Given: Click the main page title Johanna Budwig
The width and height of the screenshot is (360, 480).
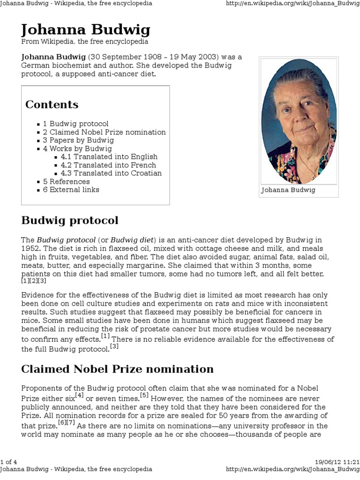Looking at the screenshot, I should click(86, 30).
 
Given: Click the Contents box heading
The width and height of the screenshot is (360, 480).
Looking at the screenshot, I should click(52, 105).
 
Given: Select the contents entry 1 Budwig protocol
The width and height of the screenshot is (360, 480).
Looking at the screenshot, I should click(75, 124).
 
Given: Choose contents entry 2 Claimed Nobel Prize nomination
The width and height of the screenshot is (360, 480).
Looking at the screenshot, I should click(104, 132).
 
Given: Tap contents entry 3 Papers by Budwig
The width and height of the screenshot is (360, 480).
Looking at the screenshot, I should click(78, 140).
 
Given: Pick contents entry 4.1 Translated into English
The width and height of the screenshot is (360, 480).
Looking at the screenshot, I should click(109, 157).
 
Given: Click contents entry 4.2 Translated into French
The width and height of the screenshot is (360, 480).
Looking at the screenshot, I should click(108, 165).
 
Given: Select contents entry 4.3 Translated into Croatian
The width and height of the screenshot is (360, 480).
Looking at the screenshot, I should click(111, 173).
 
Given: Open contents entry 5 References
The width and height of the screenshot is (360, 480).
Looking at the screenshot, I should click(66, 181).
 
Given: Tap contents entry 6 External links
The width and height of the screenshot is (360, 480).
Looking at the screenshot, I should click(71, 189).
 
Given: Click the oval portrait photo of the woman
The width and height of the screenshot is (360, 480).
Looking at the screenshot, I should click(299, 121).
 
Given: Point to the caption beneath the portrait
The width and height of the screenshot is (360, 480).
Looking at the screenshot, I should click(288, 190).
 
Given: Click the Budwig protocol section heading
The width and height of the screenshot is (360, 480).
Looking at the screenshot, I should click(70, 220).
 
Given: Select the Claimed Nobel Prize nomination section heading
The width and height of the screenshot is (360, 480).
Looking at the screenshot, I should click(117, 369).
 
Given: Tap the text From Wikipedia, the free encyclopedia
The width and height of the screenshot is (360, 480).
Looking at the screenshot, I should click(85, 42).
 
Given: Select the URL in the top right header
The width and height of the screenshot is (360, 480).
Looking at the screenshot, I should click(292, 3).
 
